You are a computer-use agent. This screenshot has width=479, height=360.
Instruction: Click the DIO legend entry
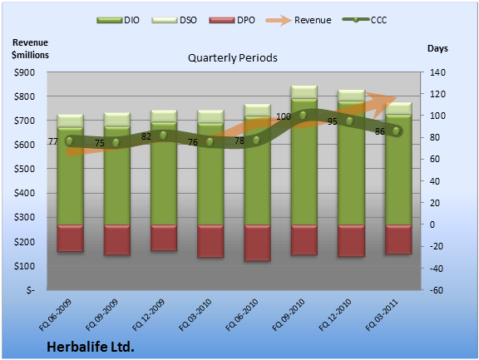coord(118,20)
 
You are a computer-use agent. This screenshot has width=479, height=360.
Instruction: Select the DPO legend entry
coord(232,20)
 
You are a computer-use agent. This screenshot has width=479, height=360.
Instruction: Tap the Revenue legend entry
coord(299,20)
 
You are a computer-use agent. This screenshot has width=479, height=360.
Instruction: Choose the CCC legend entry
coord(364,20)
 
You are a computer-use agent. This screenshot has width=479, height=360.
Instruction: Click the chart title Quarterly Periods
coord(233,57)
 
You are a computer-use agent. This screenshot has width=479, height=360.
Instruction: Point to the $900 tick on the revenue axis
coord(24,72)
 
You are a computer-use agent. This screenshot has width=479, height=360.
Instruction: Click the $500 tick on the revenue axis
coord(24,169)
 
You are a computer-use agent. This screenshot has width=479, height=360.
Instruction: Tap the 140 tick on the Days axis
coord(437,72)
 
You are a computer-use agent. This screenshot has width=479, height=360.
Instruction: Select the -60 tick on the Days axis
coord(437,290)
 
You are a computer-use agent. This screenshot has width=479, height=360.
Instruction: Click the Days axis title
coord(437,48)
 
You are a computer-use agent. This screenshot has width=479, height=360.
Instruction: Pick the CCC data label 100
coord(284,116)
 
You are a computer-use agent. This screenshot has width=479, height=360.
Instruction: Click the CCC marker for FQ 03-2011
coord(396,131)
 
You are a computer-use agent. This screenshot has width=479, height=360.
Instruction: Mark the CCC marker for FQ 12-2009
coord(163,136)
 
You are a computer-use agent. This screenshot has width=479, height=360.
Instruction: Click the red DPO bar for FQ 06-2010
coord(257,243)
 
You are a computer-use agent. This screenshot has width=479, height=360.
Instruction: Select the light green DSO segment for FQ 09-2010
coord(304,92)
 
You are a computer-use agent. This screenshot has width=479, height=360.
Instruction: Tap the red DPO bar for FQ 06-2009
coord(70,239)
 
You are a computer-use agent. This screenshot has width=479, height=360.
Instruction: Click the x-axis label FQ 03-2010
coord(195,315)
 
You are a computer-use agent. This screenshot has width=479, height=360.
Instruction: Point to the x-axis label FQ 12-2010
coord(335,315)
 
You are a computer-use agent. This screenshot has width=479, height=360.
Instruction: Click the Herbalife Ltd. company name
coord(91,347)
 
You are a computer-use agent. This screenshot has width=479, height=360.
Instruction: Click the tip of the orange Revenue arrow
coord(397,98)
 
